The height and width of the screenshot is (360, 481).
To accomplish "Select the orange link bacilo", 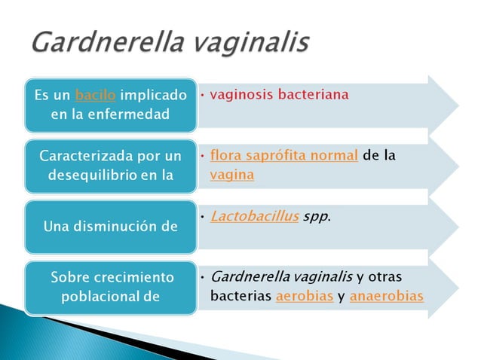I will click(95, 96).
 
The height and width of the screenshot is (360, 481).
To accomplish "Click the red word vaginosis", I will click(241, 96).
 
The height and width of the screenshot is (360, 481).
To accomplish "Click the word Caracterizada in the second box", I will click(87, 157).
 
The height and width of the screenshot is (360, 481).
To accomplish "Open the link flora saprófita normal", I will click(283, 156).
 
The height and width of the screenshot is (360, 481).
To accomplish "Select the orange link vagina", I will click(232, 175).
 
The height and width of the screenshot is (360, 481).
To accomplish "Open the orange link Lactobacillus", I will click(254, 216).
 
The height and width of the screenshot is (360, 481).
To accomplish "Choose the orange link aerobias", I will click(305, 296).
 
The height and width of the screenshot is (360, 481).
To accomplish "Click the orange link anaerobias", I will click(386, 296).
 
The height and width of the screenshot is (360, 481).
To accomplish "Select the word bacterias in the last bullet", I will click(240, 296).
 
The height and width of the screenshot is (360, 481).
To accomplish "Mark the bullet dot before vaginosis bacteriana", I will click(203, 96).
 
